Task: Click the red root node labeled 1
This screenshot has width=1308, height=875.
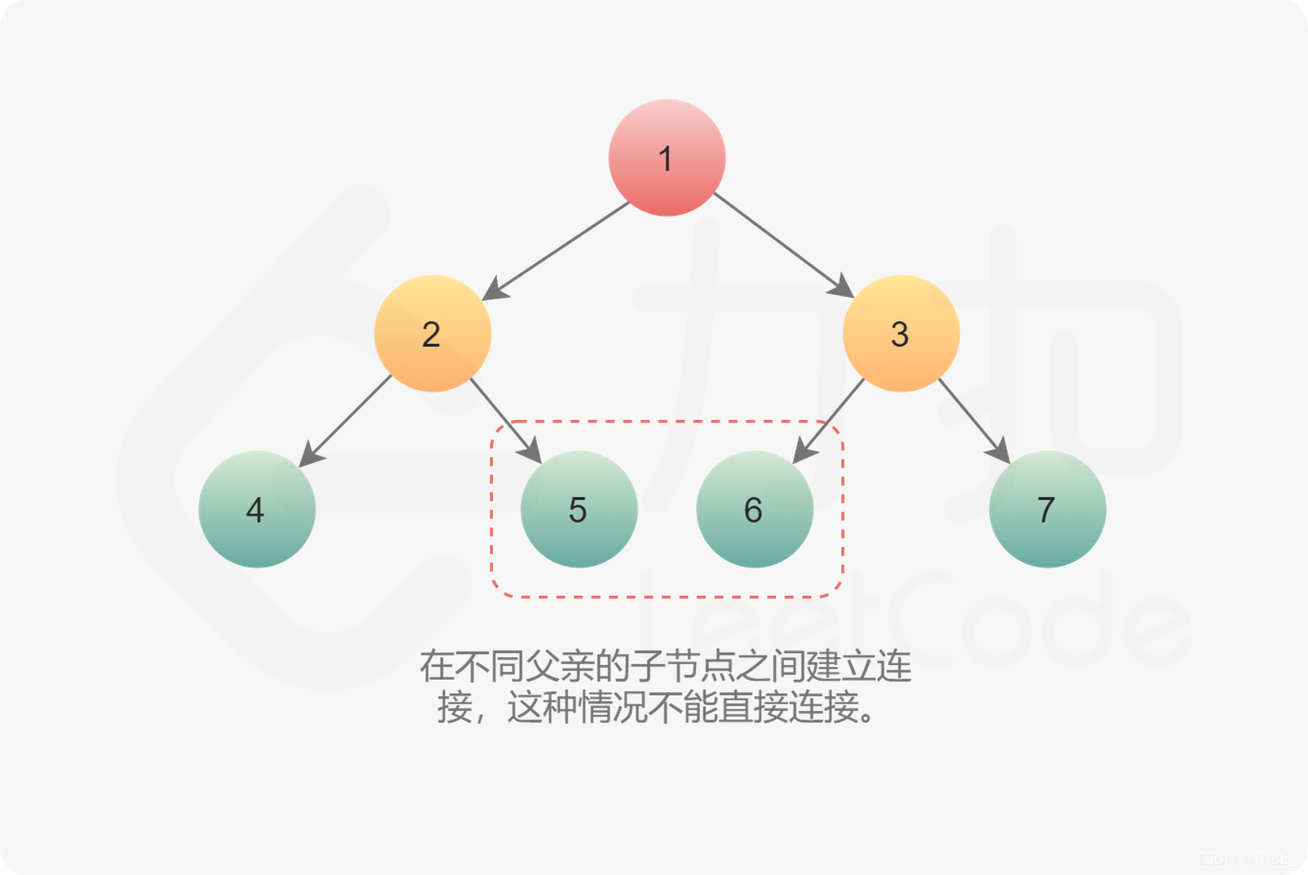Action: [666, 157]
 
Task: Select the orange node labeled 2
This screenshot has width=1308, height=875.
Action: [432, 333]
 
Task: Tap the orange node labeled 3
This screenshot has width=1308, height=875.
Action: [901, 333]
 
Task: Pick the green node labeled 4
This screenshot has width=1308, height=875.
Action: [257, 509]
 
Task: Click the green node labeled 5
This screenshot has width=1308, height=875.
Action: [579, 509]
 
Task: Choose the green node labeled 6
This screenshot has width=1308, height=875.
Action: [754, 509]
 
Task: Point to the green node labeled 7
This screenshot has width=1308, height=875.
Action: [1047, 509]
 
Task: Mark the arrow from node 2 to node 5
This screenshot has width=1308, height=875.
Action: [505, 420]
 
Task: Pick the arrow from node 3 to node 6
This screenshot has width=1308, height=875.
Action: [829, 420]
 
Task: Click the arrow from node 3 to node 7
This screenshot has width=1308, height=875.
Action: [974, 420]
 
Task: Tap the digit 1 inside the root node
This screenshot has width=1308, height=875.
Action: [665, 159]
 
